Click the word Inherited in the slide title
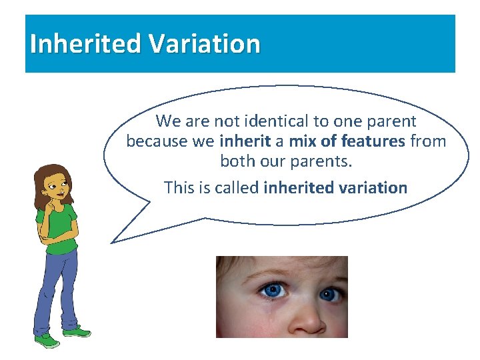85,44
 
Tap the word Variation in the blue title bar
204,44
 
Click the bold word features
373,141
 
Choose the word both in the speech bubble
236,161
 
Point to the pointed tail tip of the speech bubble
112,242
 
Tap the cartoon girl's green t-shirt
63,227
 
